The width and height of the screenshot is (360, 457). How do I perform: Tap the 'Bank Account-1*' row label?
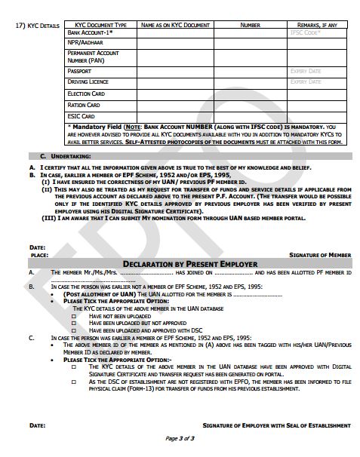[90, 33]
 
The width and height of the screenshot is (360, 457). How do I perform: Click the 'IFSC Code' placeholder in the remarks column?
[304, 33]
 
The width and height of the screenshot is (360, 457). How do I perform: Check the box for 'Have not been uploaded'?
[74, 315]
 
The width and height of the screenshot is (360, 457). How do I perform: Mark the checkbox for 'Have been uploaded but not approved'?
[74, 322]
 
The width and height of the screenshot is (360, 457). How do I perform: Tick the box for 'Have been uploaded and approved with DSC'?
[74, 329]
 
